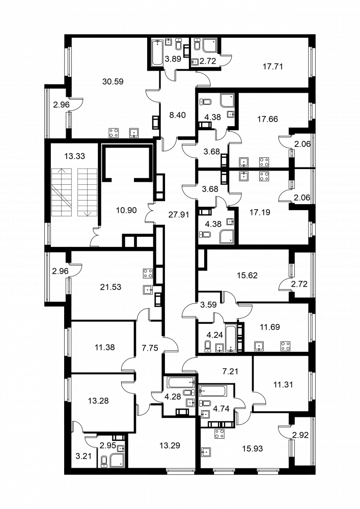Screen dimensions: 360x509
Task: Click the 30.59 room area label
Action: pyautogui.click(x=113, y=81)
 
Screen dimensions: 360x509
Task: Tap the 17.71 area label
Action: pyautogui.click(x=273, y=67)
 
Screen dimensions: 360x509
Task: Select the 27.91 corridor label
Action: pyautogui.click(x=179, y=214)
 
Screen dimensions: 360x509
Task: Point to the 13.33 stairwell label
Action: pyautogui.click(x=74, y=156)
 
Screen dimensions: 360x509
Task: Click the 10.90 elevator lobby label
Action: pyautogui.click(x=126, y=210)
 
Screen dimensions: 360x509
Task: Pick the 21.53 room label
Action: pyautogui.click(x=110, y=287)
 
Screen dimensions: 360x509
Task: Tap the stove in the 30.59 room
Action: pyautogui.click(x=114, y=132)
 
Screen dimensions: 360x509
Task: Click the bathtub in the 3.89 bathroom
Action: pyautogui.click(x=158, y=53)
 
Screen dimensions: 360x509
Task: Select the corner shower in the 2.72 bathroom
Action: pyautogui.click(x=210, y=46)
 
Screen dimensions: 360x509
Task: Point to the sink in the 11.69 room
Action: pyautogui.click(x=259, y=346)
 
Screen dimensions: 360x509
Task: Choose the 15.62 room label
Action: pyautogui.click(x=247, y=275)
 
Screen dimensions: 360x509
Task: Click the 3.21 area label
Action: pyautogui.click(x=83, y=457)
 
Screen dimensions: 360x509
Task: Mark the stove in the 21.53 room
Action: pyautogui.click(x=148, y=274)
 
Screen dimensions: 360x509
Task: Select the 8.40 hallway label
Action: pyautogui.click(x=178, y=115)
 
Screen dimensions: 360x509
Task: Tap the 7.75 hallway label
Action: pyautogui.click(x=150, y=348)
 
